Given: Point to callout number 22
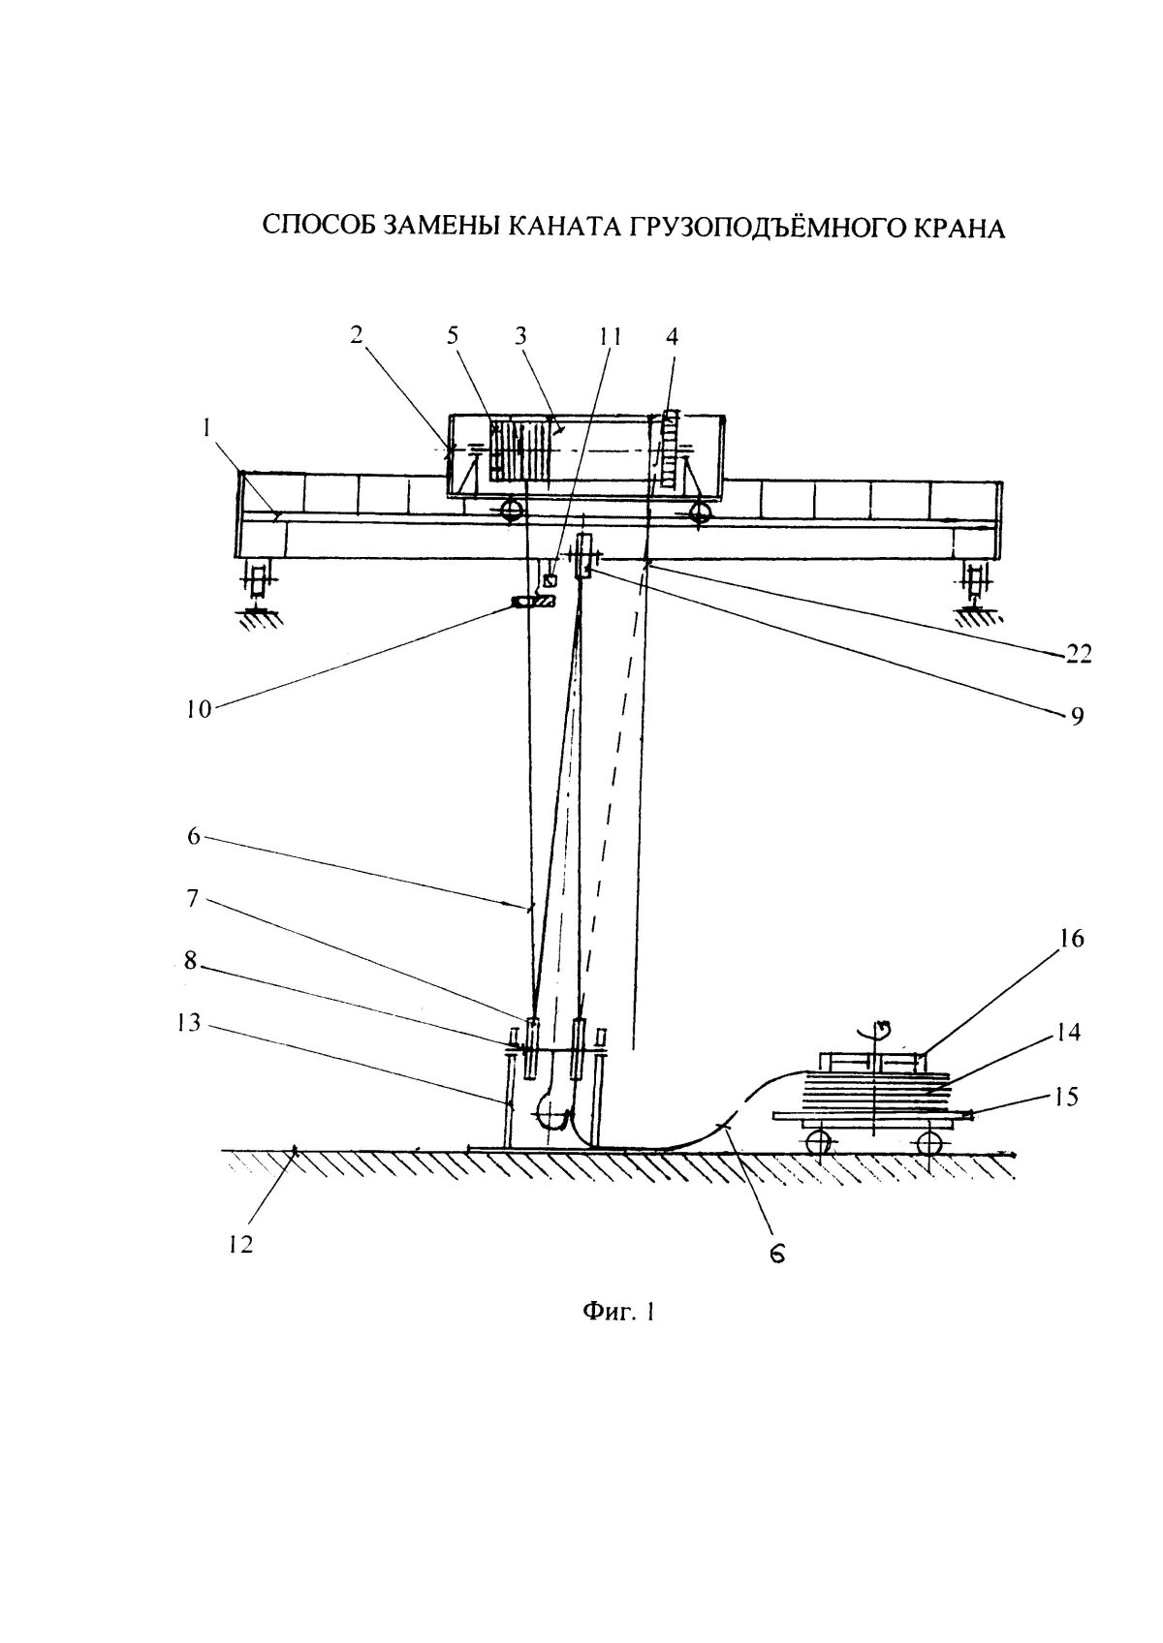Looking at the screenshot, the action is click(x=1075, y=653).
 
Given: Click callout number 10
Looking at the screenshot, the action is click(x=199, y=708).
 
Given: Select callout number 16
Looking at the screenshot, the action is click(x=1071, y=938).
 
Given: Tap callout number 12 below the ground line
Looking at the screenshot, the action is click(x=240, y=1244).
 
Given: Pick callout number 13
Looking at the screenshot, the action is click(x=189, y=1022).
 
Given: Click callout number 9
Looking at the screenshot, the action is click(x=1077, y=716).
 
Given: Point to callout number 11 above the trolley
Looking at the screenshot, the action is click(x=610, y=337).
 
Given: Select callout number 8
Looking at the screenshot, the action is click(x=190, y=960).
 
